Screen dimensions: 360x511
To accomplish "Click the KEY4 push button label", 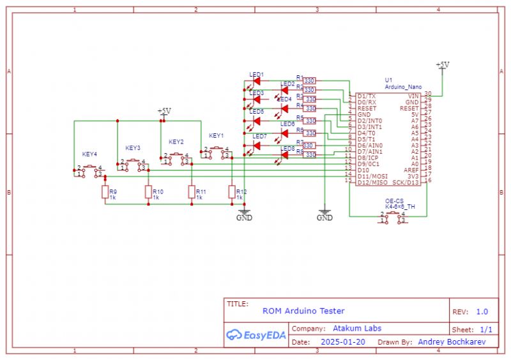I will [89, 154].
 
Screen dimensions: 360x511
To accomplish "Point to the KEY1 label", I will [217, 136].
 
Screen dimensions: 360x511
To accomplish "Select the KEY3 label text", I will [133, 148].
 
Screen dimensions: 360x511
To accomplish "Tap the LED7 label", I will [259, 136].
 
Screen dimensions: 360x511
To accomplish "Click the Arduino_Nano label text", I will [403, 86].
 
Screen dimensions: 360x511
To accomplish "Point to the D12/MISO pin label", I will [372, 183].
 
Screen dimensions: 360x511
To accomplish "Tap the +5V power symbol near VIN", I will [441, 65].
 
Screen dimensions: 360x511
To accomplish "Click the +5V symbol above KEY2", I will [164, 111].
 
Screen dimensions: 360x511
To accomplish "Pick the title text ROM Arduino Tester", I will [303, 311].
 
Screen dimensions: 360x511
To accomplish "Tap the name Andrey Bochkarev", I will [451, 342].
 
